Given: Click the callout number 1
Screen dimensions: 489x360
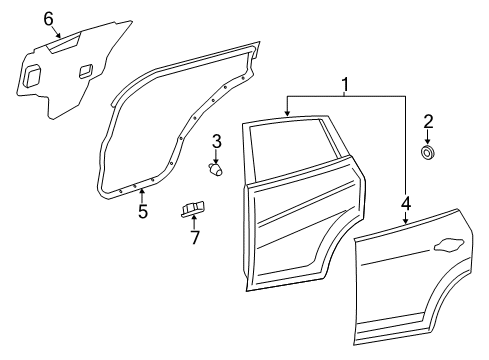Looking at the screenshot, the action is pos(345,85).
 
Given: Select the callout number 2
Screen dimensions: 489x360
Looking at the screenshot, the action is pos(428,122).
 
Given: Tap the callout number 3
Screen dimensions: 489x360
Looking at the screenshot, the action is pos(217,141).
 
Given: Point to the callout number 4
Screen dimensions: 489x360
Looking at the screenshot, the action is pos(406,203).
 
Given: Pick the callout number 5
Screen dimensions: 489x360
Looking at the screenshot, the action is pos(143,211).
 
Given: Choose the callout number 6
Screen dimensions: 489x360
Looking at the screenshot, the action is pos(49,19).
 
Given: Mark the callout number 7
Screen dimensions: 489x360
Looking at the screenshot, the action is pos(195,237).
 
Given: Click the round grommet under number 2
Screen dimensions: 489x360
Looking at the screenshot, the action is pos(428,152).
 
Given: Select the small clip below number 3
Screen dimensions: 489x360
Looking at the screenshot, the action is pos(215,169).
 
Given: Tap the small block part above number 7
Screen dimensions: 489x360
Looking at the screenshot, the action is pos(193,209).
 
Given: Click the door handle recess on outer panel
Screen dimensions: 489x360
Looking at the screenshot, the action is pos(449,245).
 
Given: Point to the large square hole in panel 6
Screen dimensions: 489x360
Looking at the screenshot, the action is pos(33,75).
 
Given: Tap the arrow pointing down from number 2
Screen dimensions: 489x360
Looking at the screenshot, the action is pos(428,138).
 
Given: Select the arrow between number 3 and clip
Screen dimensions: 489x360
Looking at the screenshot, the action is pos(216,156).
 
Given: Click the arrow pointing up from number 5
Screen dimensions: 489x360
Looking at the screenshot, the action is pos(142,196).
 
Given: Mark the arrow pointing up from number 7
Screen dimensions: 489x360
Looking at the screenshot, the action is pos(193,222).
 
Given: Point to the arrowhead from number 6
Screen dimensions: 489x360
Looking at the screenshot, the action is pos(59,34).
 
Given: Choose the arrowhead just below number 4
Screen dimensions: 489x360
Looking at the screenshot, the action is pos(405,221).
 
